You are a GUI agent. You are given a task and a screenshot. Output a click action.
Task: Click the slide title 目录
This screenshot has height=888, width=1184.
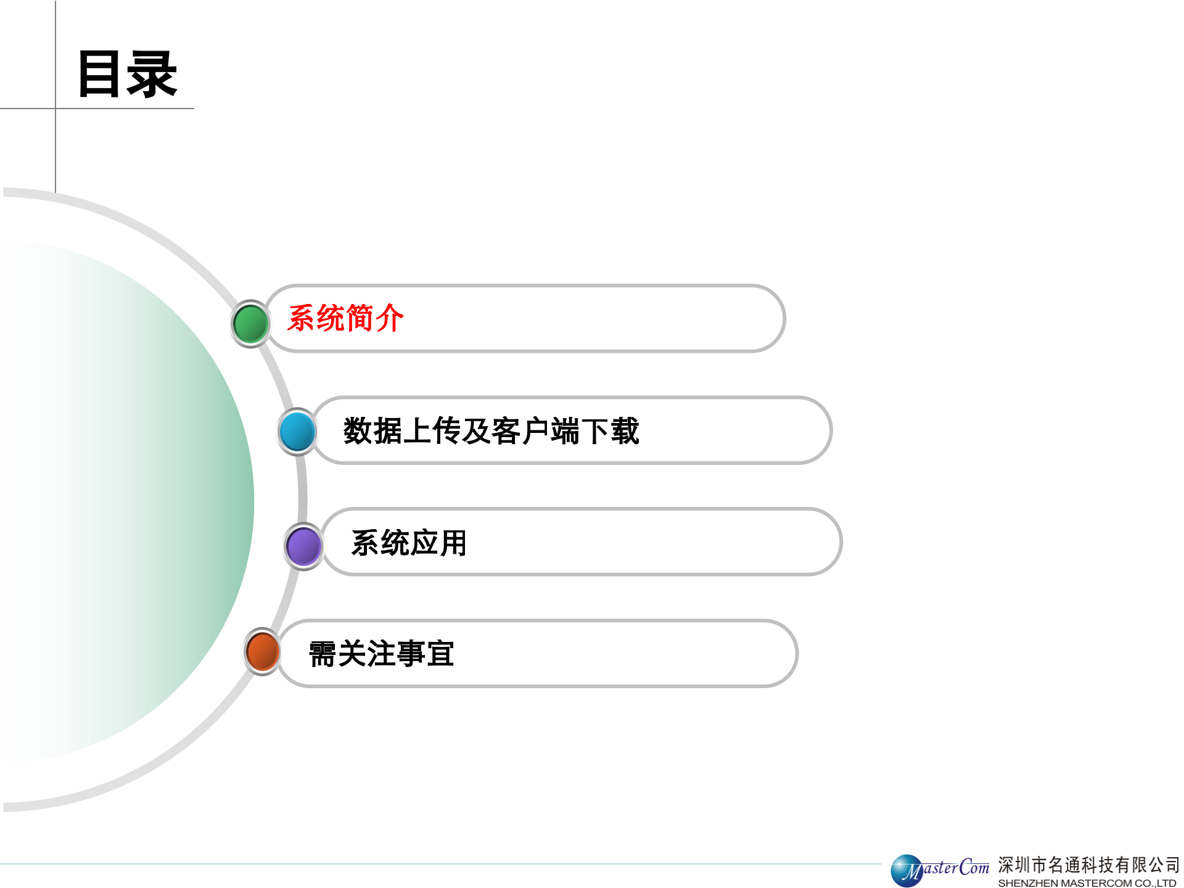tap(127, 75)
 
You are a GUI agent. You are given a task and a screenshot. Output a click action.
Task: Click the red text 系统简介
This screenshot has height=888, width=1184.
tap(345, 318)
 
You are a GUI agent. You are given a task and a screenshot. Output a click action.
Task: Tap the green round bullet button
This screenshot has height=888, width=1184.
tap(250, 324)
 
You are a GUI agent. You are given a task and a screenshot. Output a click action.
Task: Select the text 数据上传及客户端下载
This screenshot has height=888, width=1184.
tap(491, 430)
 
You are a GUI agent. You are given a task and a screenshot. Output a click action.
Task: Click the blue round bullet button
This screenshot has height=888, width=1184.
tap(297, 431)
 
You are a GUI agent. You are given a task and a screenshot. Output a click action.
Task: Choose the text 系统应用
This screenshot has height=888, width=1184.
tap(409, 543)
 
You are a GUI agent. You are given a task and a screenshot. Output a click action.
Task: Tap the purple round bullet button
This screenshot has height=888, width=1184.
tap(303, 546)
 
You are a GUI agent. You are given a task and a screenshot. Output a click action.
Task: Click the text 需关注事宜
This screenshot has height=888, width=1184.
tap(381, 654)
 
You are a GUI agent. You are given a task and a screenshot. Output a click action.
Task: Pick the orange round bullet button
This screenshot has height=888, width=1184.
tap(263, 652)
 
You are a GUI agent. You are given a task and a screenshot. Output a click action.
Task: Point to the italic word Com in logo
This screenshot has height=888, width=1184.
tap(974, 867)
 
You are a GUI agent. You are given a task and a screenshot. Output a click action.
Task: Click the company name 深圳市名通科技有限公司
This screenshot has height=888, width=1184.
tap(1088, 865)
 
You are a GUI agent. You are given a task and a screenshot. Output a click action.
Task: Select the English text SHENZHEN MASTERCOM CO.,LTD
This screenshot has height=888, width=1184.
tap(1087, 883)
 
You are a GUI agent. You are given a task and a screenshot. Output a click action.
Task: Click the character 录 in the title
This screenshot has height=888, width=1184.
tap(152, 75)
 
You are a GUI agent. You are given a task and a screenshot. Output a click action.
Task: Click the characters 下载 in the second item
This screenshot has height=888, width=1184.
tap(610, 430)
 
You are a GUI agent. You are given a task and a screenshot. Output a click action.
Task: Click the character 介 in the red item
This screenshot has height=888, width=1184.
tap(389, 318)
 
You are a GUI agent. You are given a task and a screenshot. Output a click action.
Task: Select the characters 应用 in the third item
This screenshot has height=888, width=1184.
tap(438, 543)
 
